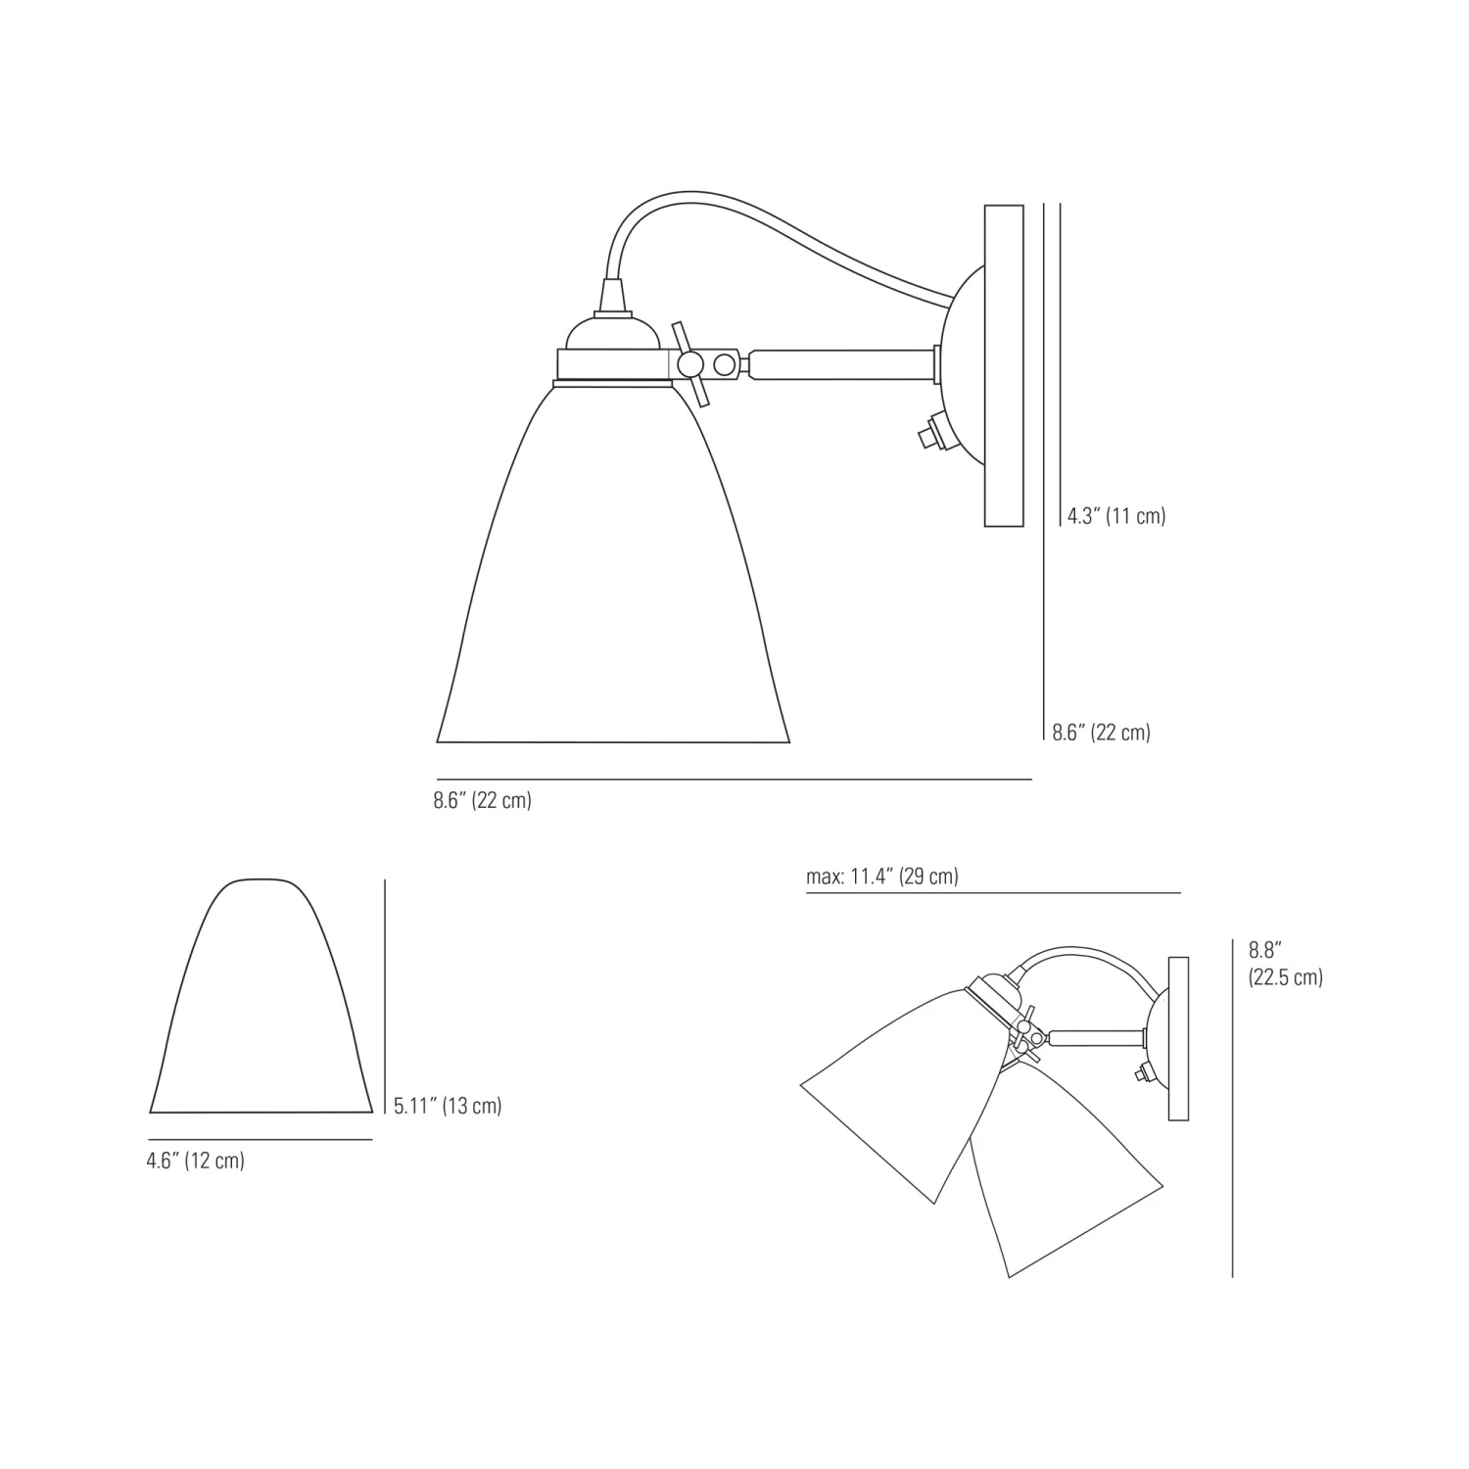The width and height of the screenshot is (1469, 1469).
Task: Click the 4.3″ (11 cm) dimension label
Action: click(1116, 516)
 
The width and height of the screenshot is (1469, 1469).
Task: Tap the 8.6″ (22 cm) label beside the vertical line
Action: click(1102, 732)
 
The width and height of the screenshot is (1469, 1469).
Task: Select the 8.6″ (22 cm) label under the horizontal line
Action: click(483, 800)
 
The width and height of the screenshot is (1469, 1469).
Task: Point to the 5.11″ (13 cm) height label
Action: click(448, 1106)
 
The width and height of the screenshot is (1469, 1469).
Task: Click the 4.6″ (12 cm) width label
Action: click(196, 1161)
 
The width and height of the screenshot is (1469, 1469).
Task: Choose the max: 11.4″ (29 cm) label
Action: click(882, 877)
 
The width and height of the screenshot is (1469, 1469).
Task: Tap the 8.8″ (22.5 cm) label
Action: click(1285, 963)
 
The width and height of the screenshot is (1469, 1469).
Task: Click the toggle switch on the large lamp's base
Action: click(926, 432)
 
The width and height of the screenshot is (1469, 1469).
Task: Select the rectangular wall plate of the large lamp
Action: click(1004, 365)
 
